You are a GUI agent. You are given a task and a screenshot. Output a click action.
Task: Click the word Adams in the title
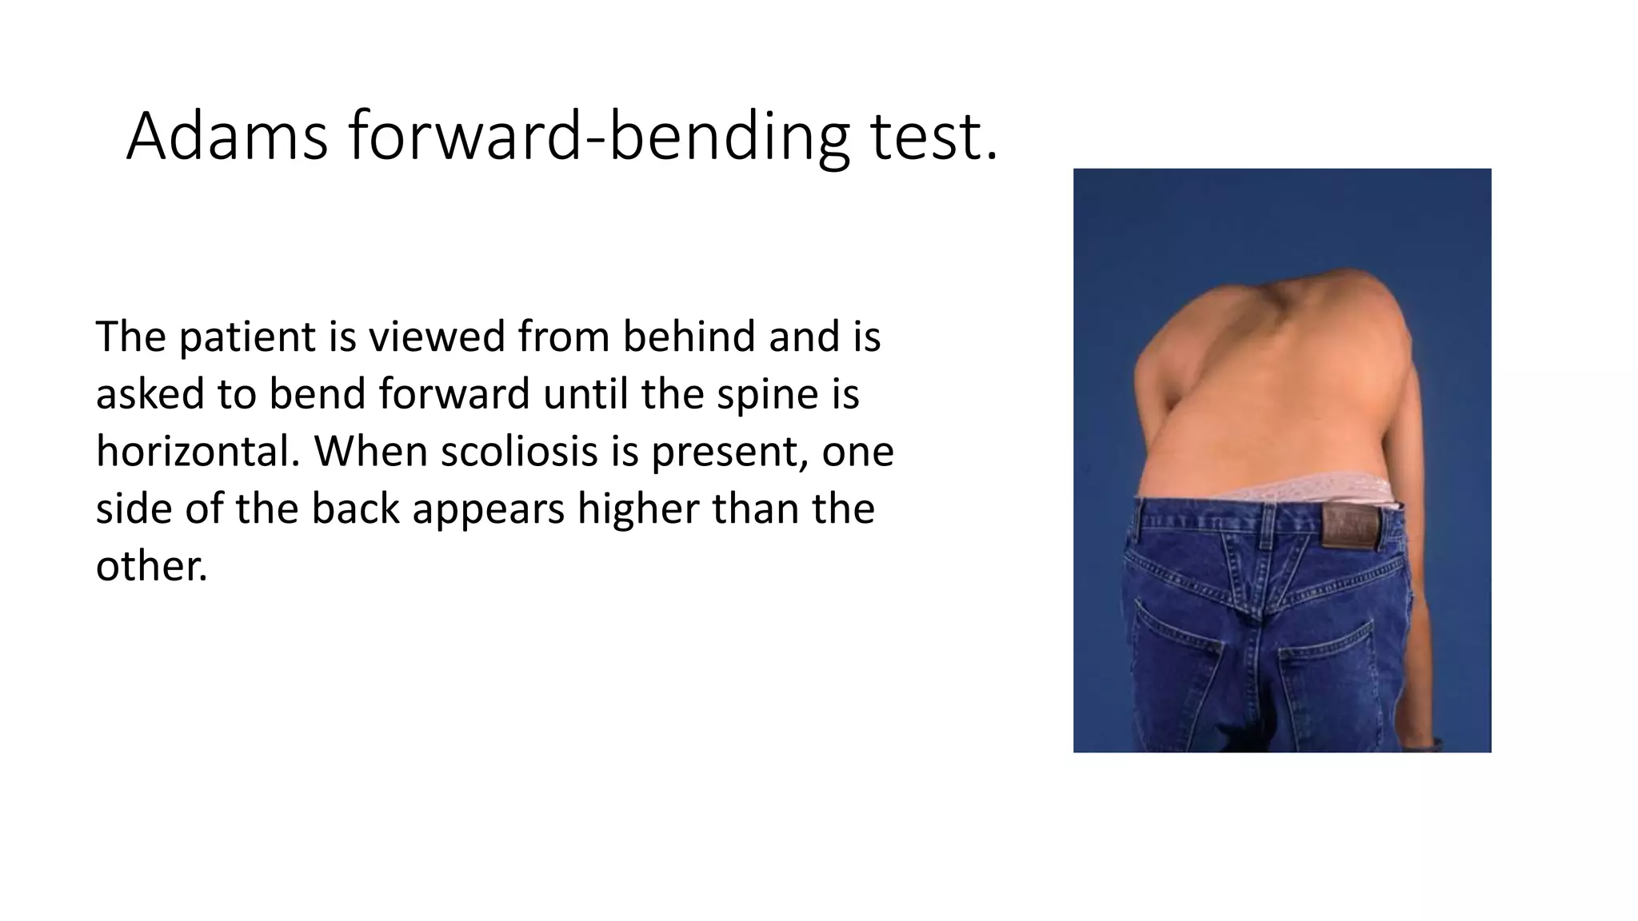[x=226, y=137]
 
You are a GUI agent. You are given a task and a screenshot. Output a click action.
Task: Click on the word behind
[x=689, y=337]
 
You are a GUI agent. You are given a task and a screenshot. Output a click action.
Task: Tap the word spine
[x=766, y=394]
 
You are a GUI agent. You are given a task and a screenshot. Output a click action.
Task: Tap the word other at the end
[x=151, y=567]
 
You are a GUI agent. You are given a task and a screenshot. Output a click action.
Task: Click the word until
[x=585, y=394]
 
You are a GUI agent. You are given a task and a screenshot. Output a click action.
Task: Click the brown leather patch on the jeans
[x=1350, y=527]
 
